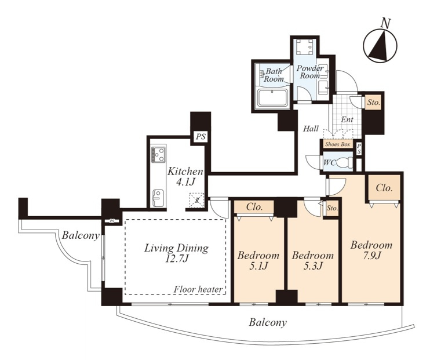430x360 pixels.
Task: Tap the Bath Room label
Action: click(274, 75)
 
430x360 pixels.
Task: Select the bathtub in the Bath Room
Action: click(272, 97)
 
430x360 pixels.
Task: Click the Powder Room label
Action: click(310, 72)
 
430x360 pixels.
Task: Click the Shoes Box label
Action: click(338, 144)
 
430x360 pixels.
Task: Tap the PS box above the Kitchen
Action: click(201, 137)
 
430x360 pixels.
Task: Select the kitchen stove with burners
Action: click(158, 155)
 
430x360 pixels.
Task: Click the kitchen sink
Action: click(158, 198)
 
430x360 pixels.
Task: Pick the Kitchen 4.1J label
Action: click(185, 176)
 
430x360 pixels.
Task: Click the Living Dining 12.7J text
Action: click(176, 253)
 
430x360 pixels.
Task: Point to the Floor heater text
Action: click(198, 289)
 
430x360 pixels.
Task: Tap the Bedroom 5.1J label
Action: click(258, 260)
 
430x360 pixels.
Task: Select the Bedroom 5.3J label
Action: click(312, 260)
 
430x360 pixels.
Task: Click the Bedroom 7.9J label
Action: click(371, 250)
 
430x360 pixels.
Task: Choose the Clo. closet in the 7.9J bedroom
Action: click(384, 188)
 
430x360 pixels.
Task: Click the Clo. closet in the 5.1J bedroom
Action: click(254, 207)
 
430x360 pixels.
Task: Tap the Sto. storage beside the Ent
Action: click(374, 103)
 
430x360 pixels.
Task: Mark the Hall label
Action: click(311, 129)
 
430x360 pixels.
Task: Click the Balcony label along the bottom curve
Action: click(268, 322)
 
